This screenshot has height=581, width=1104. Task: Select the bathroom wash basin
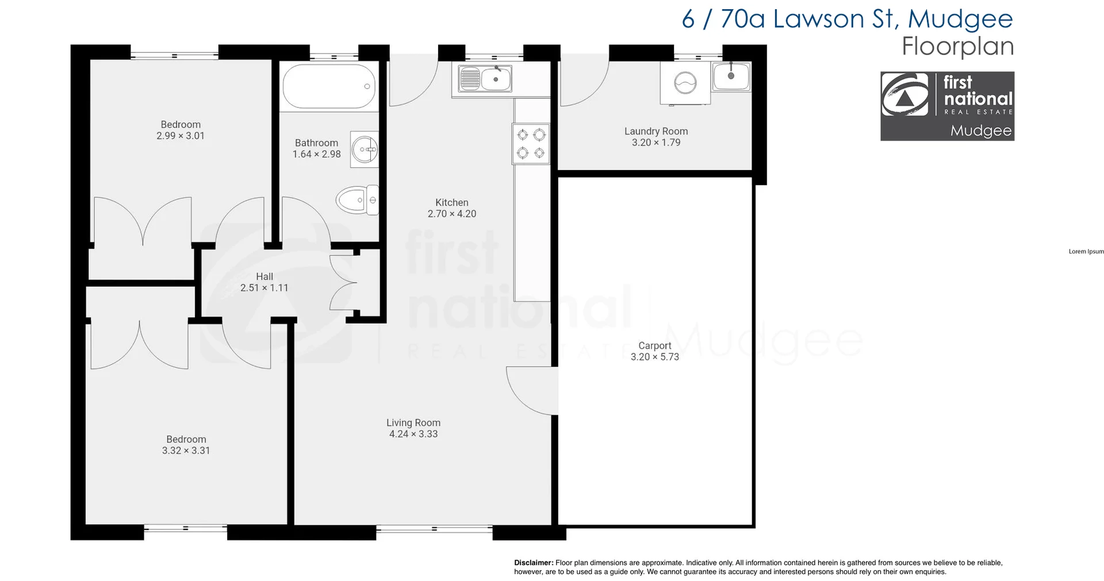[365, 149]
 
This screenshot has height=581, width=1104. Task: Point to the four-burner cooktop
[531, 144]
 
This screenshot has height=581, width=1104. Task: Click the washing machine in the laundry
[685, 84]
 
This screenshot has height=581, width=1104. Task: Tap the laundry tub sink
[731, 76]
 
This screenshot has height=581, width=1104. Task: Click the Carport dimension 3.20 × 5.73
[654, 357]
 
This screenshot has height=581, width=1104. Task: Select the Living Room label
[413, 422]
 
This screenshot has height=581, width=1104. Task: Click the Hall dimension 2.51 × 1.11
[264, 288]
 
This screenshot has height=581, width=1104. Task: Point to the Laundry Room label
[656, 131]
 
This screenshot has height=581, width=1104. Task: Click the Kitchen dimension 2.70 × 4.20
[451, 214]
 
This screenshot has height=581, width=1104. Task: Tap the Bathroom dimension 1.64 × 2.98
[316, 154]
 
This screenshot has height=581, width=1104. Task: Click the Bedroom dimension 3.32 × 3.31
[186, 451]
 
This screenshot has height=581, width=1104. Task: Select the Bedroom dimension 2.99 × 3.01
[180, 136]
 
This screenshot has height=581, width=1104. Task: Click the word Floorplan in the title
[957, 46]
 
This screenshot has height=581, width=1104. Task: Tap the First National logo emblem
[905, 95]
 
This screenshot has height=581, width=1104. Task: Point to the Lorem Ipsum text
[1086, 251]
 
